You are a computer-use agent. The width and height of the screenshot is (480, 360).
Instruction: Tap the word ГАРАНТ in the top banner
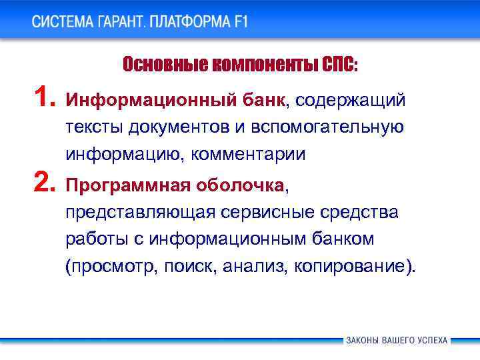point(123,21)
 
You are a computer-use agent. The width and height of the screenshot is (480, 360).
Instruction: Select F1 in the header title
point(240,21)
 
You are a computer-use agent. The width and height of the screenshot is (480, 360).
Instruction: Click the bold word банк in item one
point(263,101)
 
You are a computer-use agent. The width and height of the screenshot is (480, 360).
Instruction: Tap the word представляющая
point(141,213)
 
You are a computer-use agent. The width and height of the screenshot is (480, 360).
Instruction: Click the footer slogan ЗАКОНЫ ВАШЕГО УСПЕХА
point(397,340)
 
